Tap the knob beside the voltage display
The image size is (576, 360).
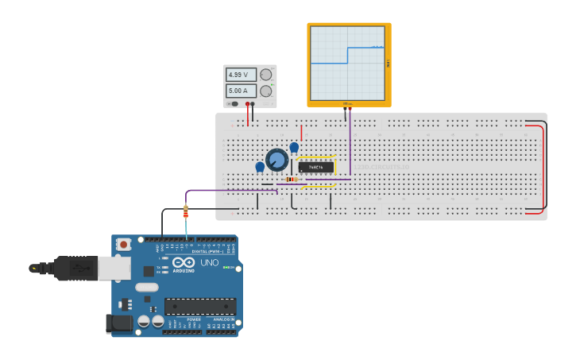[x=265, y=75]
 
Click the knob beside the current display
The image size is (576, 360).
[x=265, y=91]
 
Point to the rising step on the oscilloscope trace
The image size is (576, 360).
[x=347, y=55]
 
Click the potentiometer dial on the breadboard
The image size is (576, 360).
[x=276, y=160]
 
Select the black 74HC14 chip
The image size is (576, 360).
[x=315, y=167]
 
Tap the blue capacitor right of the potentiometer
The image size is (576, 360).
[x=294, y=147]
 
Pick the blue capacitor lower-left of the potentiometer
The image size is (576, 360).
[x=260, y=167]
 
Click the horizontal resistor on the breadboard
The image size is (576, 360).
[x=292, y=180]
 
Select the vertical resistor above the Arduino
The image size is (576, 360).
[x=186, y=211]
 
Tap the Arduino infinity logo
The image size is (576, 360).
[x=184, y=263]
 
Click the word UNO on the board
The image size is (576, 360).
[x=209, y=263]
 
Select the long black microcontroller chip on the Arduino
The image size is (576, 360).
[x=199, y=306]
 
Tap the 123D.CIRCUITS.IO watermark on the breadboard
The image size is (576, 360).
[x=381, y=167]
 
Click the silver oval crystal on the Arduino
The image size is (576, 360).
[x=147, y=287]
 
